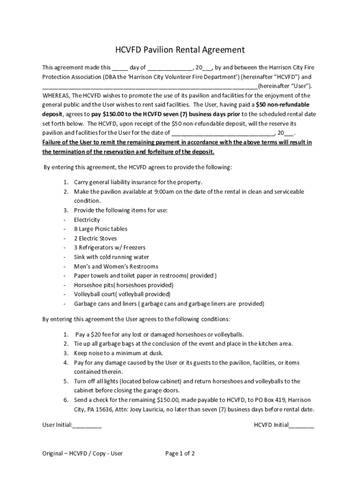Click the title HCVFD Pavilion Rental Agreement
(x=180, y=50)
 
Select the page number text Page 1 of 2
(x=180, y=453)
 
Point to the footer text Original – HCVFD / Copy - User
(x=82, y=453)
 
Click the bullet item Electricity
(x=87, y=220)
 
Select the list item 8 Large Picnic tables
(x=101, y=229)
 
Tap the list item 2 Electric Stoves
(x=95, y=239)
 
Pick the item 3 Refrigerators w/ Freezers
(x=109, y=248)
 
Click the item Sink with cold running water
(x=111, y=257)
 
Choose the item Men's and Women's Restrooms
(x=116, y=267)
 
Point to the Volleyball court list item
(x=122, y=295)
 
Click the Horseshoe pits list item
(x=123, y=285)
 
